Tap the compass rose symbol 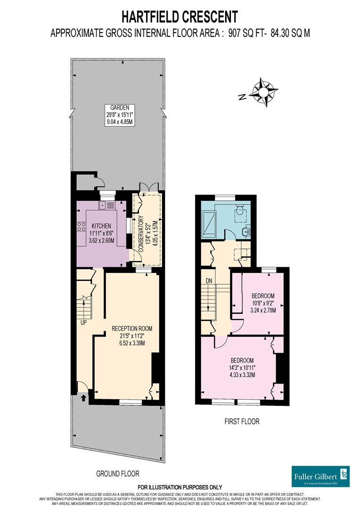(x=265, y=92)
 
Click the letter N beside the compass (x=242, y=97)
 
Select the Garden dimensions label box (x=120, y=115)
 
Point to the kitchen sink (x=107, y=205)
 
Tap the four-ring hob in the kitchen (x=81, y=226)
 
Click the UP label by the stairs (x=83, y=323)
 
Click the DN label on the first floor (x=209, y=281)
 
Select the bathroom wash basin (x=247, y=231)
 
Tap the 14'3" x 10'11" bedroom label (x=242, y=368)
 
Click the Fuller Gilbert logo (x=320, y=476)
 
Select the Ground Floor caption (x=117, y=474)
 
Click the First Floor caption (x=242, y=421)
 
